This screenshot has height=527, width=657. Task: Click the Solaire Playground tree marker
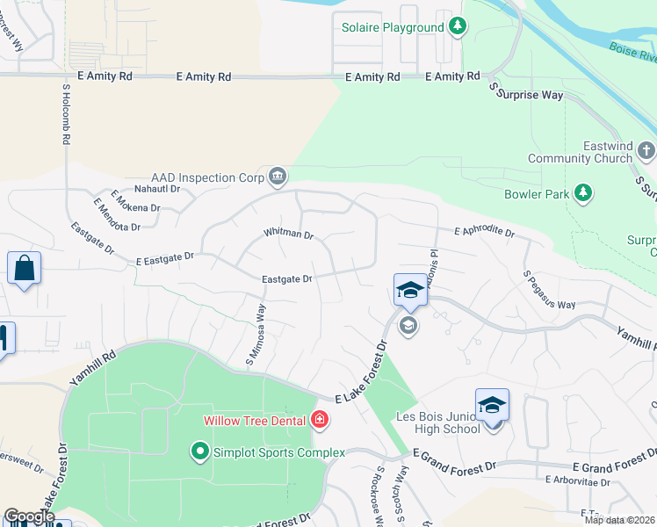coord(457,27)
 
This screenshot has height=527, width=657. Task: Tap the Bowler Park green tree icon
coord(581,193)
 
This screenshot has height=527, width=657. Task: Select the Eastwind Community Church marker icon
coord(646,150)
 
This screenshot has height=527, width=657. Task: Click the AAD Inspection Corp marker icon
coord(278,177)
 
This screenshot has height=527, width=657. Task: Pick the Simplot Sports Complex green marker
coord(200,452)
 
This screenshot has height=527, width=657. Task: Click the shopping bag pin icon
coord(24,267)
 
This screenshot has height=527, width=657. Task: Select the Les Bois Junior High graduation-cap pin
coord(492,405)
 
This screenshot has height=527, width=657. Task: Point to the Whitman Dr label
coord(288,235)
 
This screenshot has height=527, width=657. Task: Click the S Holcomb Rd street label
coord(66,113)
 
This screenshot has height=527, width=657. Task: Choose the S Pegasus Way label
coord(549,290)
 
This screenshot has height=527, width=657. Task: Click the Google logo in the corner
coord(29,516)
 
